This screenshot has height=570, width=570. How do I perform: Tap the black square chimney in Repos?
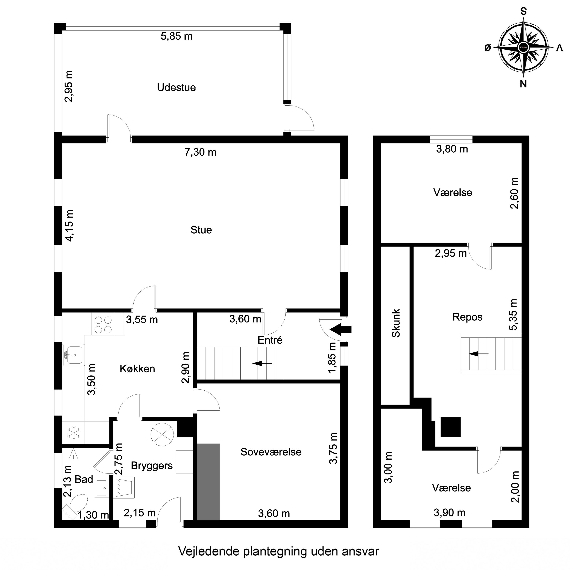click(x=450, y=427)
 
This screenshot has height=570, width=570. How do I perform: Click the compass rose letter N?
click(x=523, y=84)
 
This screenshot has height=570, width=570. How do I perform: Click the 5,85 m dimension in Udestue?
click(x=177, y=36)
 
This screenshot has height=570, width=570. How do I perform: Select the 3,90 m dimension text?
click(x=449, y=512)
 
